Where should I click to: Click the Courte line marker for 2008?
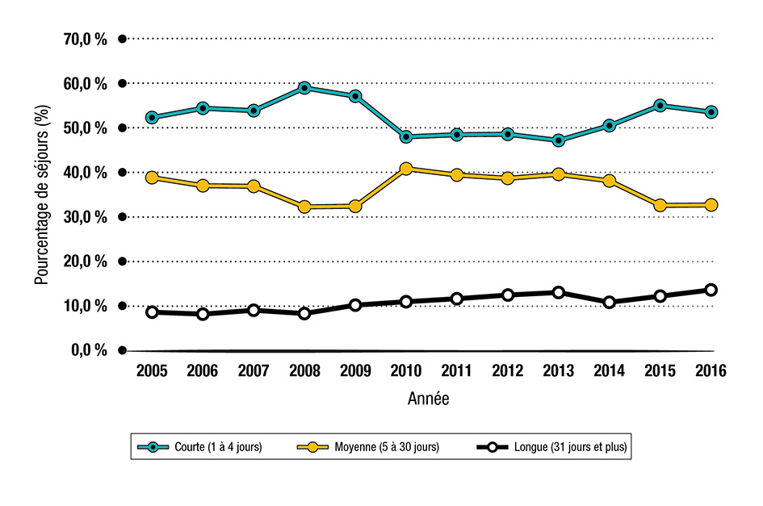pyautogui.click(x=304, y=88)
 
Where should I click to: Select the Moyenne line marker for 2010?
pyautogui.click(x=406, y=169)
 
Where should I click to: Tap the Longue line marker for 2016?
pyautogui.click(x=711, y=290)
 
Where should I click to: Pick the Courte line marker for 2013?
pyautogui.click(x=559, y=140)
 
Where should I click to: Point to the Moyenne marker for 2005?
pyautogui.click(x=152, y=178)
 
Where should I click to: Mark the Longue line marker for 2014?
pyautogui.click(x=610, y=302)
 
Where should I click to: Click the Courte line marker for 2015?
pyautogui.click(x=660, y=106)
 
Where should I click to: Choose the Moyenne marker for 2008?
pyautogui.click(x=304, y=207)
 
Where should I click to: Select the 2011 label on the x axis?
pyautogui.click(x=457, y=371)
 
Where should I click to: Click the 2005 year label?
pyautogui.click(x=152, y=371)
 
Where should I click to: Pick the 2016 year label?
pyautogui.click(x=711, y=371)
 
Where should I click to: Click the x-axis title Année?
pyautogui.click(x=429, y=398)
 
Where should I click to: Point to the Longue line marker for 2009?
pyautogui.click(x=355, y=305)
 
